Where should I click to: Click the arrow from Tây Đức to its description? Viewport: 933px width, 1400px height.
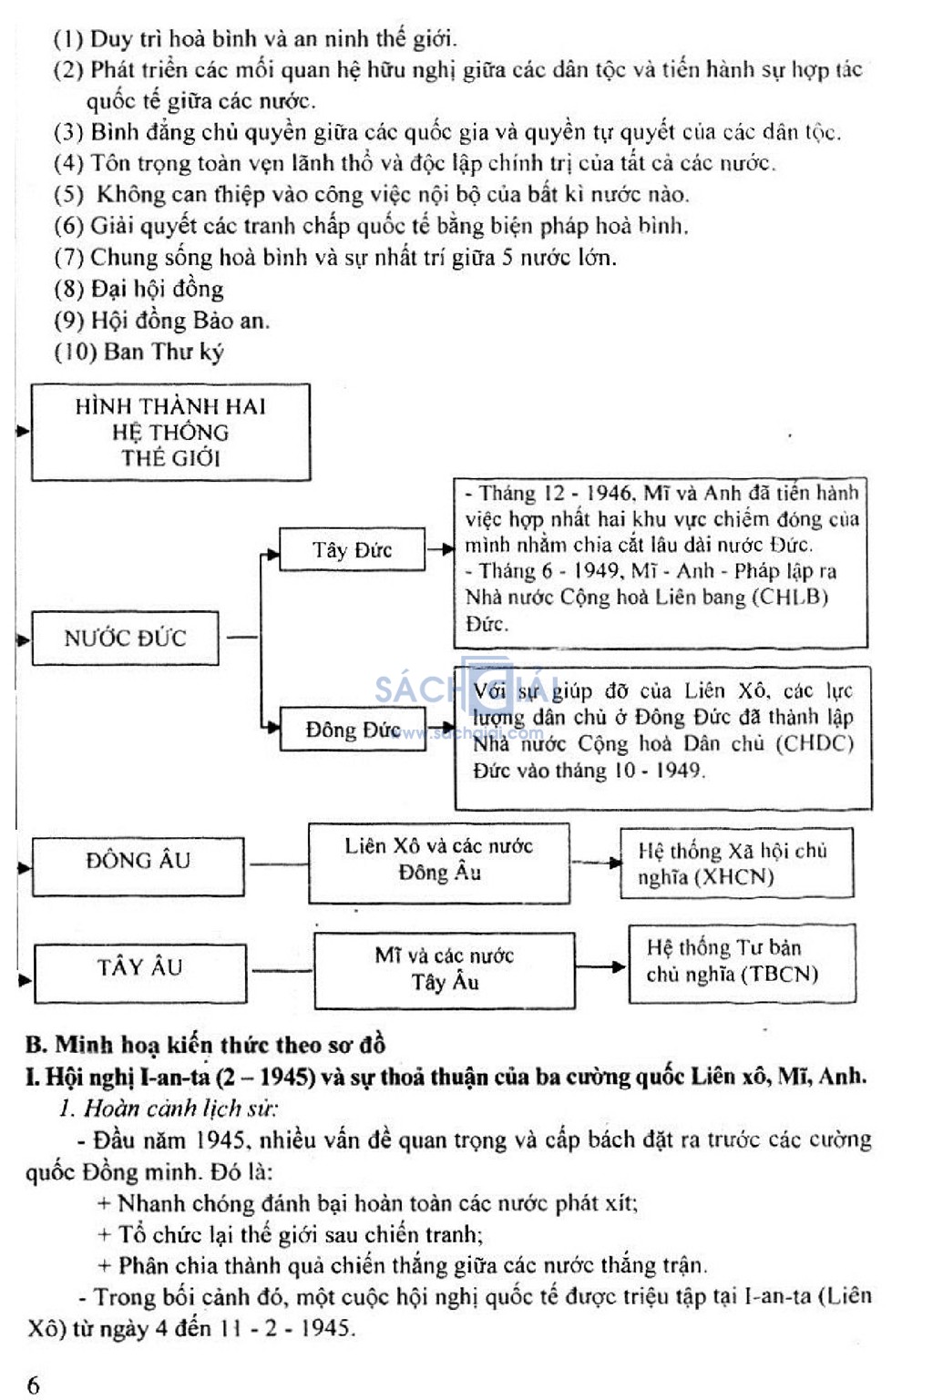(x=440, y=549)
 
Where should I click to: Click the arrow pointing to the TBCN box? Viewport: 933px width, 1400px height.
(x=601, y=966)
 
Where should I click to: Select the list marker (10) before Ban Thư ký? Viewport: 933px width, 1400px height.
(x=75, y=352)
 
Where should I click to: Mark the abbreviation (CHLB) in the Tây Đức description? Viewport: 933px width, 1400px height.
(x=790, y=597)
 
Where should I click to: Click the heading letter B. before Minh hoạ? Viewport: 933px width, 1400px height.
(x=36, y=1045)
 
